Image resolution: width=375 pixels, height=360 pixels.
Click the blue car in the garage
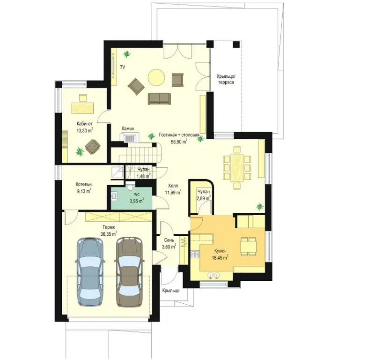click(90, 271)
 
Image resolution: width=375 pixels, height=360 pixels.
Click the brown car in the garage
click(130, 271)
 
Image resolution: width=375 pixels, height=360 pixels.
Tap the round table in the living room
click(156, 77)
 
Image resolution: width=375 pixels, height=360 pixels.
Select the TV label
click(123, 67)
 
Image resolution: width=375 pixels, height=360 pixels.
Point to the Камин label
click(128, 128)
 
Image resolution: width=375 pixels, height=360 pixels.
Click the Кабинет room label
click(84, 124)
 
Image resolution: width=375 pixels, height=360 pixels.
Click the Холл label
click(173, 186)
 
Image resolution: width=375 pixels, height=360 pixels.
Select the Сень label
click(169, 240)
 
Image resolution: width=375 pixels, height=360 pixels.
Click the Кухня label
click(220, 251)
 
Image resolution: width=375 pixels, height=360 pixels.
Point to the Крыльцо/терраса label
click(226, 79)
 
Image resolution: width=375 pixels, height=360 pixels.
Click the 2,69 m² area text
click(204, 198)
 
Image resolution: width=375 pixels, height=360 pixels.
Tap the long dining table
click(237, 168)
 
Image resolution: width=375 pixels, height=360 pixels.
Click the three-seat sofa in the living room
click(159, 99)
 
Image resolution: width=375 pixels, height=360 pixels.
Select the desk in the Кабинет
click(82, 108)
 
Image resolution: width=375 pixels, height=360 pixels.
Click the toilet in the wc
click(131, 186)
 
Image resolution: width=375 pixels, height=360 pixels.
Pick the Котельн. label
click(84, 185)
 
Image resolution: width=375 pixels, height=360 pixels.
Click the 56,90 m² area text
click(179, 141)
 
